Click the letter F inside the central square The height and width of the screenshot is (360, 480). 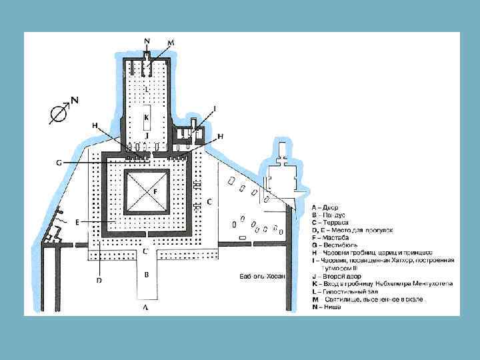155,191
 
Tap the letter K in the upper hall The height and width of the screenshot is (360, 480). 146,117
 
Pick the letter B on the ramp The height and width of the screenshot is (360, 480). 147,274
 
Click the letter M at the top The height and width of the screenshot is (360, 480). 171,42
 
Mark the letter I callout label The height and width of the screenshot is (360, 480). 215,108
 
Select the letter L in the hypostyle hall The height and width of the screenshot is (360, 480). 147,89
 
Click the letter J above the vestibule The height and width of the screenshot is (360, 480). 146,135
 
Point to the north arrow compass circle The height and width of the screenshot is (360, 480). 59,115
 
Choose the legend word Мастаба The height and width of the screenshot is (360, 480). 339,236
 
